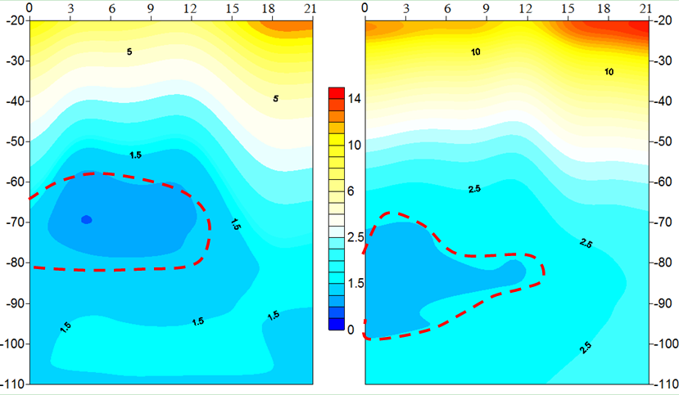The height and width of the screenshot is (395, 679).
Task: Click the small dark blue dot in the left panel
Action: pos(86,219)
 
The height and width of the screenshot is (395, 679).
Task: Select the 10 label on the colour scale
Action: pos(355,146)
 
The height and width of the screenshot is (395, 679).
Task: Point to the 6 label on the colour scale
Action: pos(352,191)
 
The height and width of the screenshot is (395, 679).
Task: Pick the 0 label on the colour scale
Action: pos(351,329)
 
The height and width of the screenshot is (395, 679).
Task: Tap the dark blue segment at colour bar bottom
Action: pos(335,324)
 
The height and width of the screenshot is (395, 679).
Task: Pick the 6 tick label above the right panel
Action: pos(446,7)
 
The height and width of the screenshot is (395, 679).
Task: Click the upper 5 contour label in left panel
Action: pos(129,52)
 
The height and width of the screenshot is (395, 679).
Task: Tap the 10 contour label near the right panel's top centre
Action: pos(476,52)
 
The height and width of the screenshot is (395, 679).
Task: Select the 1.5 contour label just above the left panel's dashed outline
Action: pos(136,155)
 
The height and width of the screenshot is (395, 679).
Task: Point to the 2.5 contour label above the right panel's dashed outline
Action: pos(474,189)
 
